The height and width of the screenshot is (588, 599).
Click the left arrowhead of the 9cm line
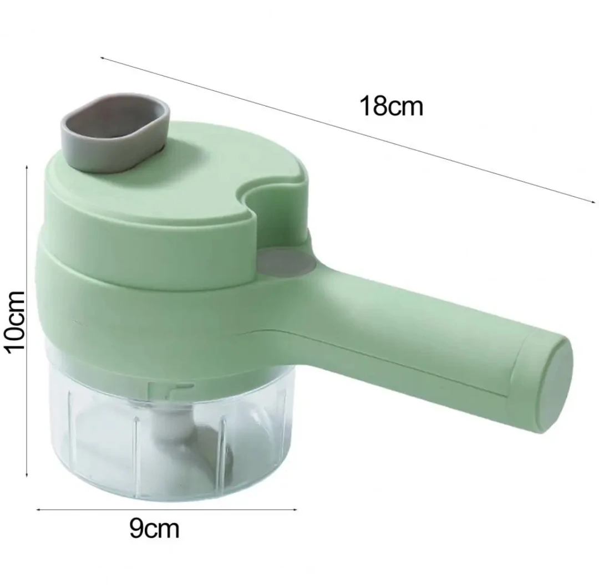click(x=38, y=509)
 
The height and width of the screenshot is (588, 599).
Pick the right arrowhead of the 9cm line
click(x=295, y=509)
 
